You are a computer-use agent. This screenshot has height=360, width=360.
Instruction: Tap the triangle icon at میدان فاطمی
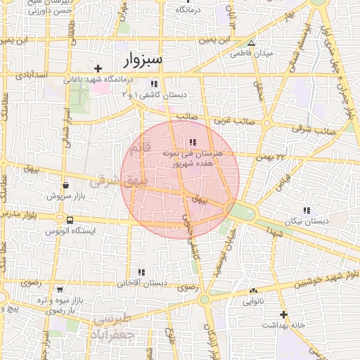click(x=251, y=44)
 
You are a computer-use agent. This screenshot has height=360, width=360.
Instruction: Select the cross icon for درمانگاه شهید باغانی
click(x=98, y=68)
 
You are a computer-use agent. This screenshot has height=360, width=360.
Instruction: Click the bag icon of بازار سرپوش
click(x=65, y=186)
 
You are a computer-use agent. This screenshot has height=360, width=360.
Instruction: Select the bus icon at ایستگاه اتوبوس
click(x=69, y=221)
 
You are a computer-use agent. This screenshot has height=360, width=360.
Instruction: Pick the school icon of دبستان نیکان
click(x=305, y=210)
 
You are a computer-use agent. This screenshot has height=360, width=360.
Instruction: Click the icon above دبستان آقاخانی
click(x=141, y=272)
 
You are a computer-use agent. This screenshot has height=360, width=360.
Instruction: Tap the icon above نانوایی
click(x=253, y=290)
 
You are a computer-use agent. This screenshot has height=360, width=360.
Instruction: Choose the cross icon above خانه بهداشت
click(x=283, y=314)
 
